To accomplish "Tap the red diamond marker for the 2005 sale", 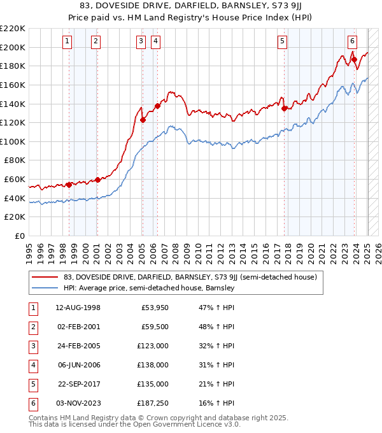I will pyautogui.click(x=143, y=119).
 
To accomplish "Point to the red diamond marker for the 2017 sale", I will pyautogui.click(x=285, y=108).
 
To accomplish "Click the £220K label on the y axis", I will pyautogui.click(x=13, y=29).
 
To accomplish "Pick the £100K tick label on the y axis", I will pyautogui.click(x=13, y=141).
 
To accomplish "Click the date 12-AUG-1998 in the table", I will pyautogui.click(x=78, y=308).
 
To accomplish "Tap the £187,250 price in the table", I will pyautogui.click(x=153, y=402).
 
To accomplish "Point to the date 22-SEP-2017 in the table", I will pyautogui.click(x=78, y=384).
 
